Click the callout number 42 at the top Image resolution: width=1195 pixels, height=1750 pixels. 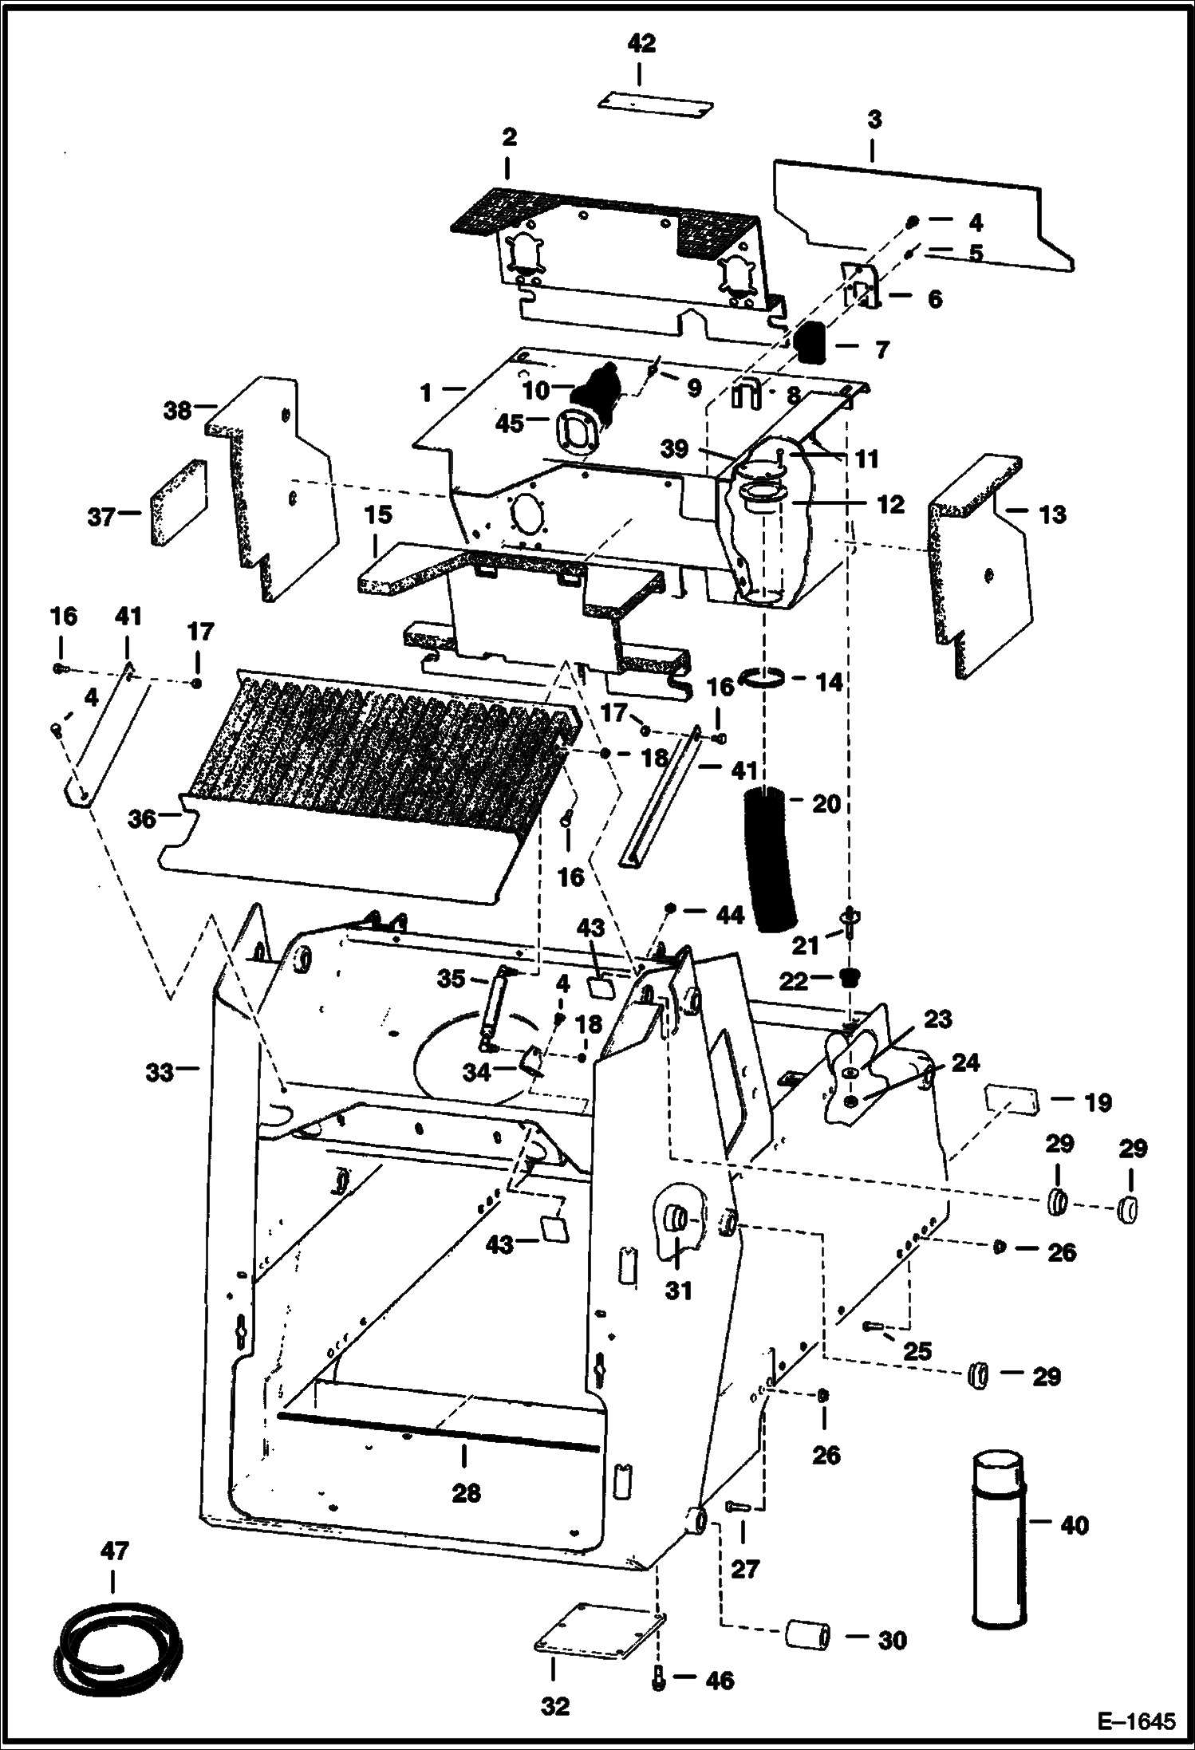point(641,44)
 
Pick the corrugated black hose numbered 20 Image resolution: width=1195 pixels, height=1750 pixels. point(771,858)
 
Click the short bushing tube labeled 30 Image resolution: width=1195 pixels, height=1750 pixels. point(807,1634)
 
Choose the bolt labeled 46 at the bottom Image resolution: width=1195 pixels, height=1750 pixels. point(658,1681)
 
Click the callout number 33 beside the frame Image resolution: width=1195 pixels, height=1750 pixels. point(159,1074)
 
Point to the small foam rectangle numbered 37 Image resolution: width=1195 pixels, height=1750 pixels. point(178,503)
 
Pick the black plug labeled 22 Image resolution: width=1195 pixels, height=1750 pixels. point(852,978)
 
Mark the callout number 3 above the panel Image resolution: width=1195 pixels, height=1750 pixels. point(874,121)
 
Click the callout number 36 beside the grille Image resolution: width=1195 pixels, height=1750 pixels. point(142,819)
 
